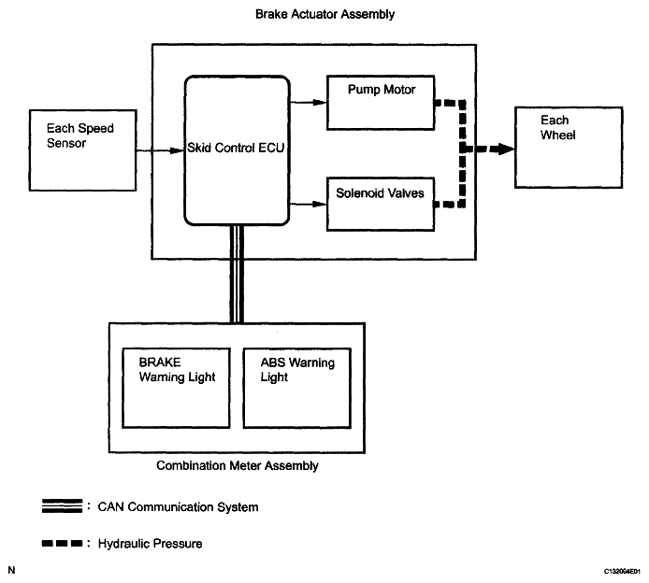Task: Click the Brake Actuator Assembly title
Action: tap(324, 14)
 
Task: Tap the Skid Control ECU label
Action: tap(236, 148)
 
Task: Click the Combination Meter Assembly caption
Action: tap(238, 466)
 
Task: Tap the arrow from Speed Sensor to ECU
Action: tap(160, 150)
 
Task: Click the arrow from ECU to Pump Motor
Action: tap(309, 102)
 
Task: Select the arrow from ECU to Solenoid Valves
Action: tap(309, 204)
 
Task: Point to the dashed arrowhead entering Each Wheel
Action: tap(505, 149)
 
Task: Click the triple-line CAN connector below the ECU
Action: tap(237, 274)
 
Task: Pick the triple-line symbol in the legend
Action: tap(62, 506)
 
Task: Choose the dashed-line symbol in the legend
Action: tap(62, 544)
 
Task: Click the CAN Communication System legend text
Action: tap(178, 507)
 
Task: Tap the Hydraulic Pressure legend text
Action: tap(150, 544)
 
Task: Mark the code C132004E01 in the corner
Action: tap(622, 572)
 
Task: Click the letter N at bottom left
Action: tap(11, 570)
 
